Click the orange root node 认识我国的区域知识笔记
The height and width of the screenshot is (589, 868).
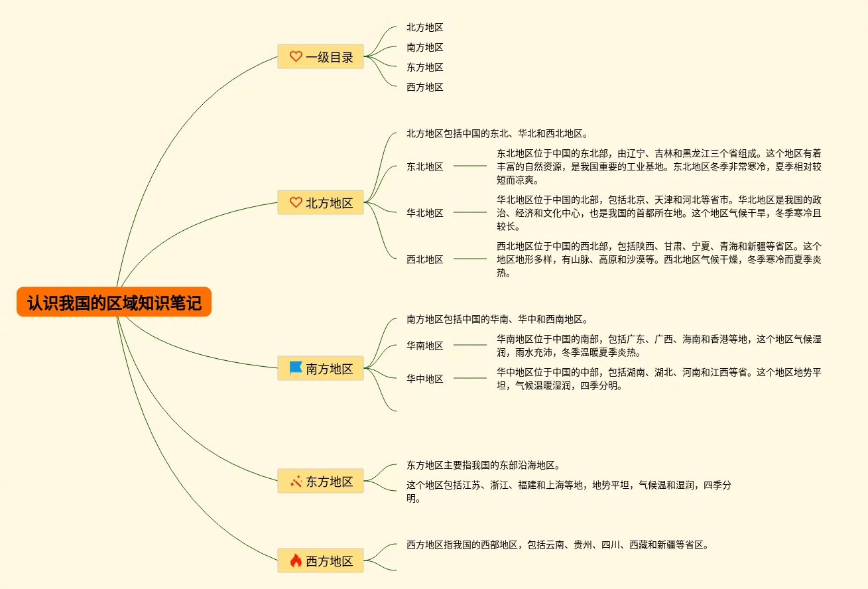[x=114, y=302]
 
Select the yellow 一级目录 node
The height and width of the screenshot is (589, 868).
[x=320, y=57]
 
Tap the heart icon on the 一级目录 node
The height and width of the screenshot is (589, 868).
[x=296, y=57]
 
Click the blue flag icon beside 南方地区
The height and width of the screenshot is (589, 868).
[x=296, y=368]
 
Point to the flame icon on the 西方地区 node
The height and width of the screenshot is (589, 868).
[x=296, y=560]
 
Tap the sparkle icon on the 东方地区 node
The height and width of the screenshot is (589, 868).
[x=296, y=481]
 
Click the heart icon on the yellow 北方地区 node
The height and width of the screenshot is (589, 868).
[x=296, y=202]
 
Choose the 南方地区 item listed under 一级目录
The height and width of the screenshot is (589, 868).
[x=425, y=47]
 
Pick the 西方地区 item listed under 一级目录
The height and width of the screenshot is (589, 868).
[x=425, y=87]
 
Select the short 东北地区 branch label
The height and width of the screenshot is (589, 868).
[x=425, y=166]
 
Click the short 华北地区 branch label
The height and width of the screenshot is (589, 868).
[x=425, y=213]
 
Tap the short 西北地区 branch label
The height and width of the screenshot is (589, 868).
[x=425, y=259]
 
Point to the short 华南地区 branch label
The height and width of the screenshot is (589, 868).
[x=425, y=346]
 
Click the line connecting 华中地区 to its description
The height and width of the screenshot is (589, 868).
[x=470, y=378]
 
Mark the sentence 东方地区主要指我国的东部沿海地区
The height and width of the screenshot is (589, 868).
[x=483, y=465]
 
